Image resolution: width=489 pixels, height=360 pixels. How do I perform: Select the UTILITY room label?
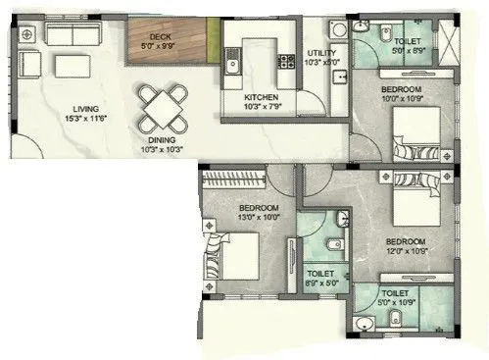[x=322, y=52]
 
